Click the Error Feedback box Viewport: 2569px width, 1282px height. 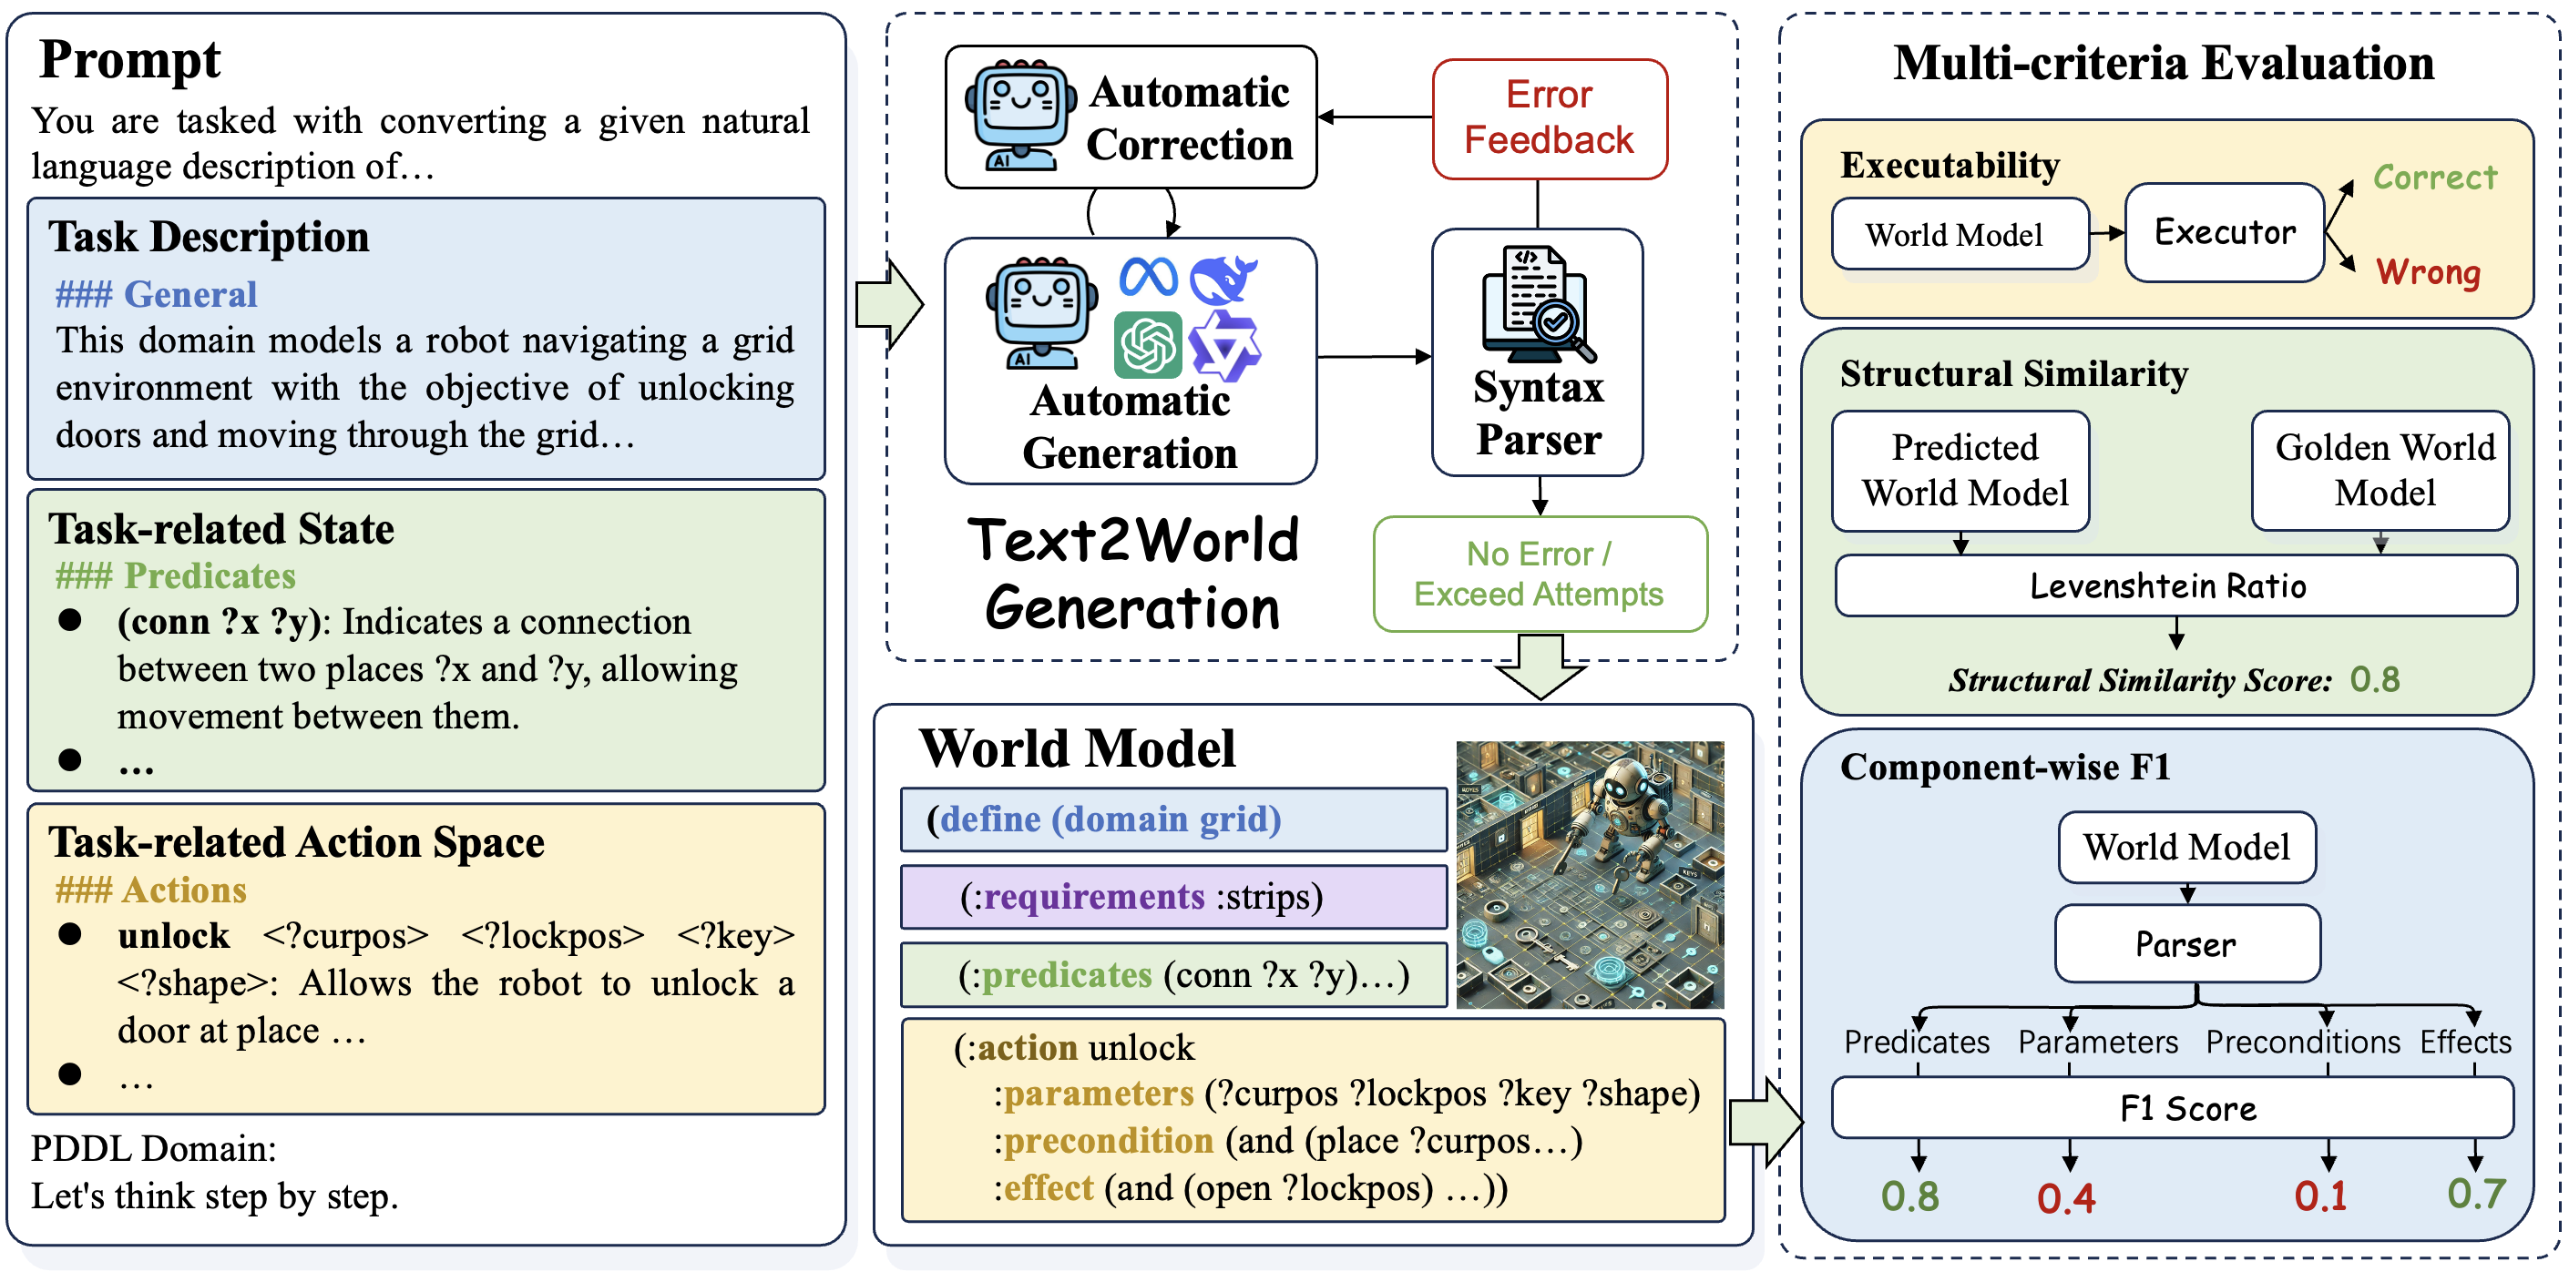[x=1549, y=118]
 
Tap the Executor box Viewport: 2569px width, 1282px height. [x=2224, y=232]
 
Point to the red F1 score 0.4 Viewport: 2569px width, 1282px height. [x=2065, y=1197]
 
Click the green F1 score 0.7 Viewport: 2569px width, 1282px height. [x=2475, y=1194]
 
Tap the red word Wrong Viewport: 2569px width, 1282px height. [x=2428, y=271]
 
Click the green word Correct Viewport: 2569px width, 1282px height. [x=2434, y=178]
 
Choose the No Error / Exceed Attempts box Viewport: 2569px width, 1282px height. [x=1539, y=575]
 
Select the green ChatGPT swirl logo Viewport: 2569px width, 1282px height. [x=1148, y=345]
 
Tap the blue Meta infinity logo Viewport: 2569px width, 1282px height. [x=1148, y=276]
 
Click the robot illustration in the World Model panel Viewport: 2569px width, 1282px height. [x=1590, y=874]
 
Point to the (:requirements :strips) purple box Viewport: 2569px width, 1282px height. [x=1172, y=897]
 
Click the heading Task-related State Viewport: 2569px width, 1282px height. [x=221, y=529]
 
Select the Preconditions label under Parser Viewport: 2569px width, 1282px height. [x=2302, y=1042]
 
